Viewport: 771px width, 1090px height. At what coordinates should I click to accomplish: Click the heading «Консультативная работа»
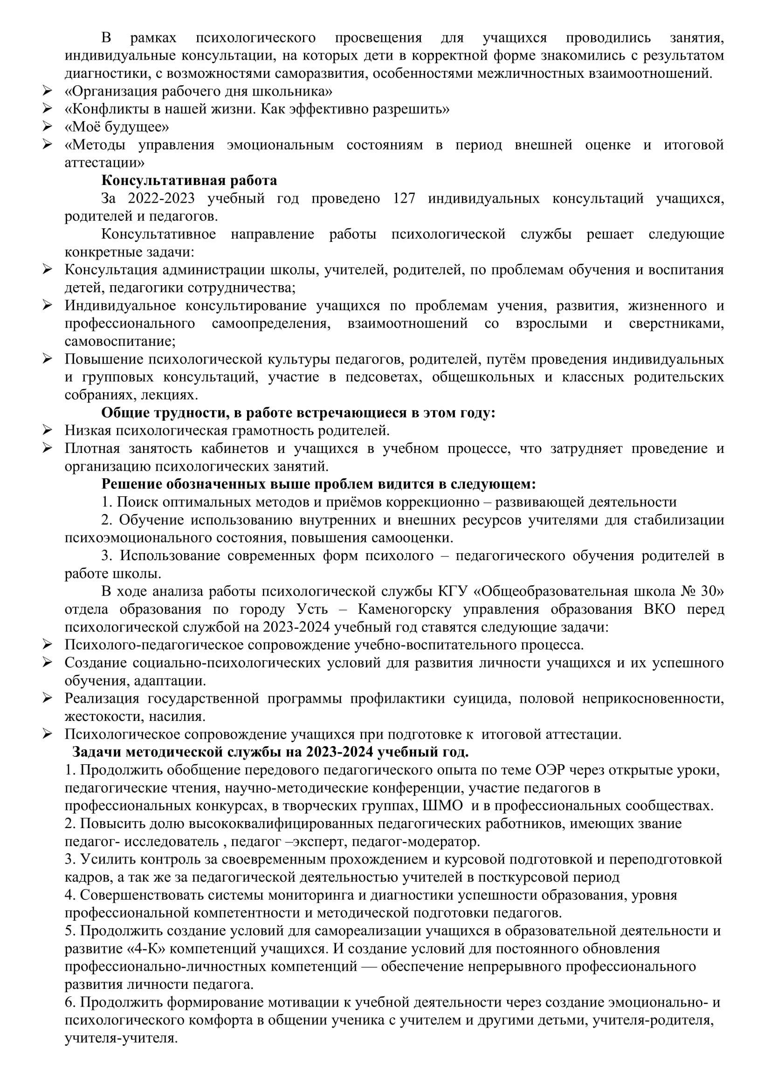tap(189, 180)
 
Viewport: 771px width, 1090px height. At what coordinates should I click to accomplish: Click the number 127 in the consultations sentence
tap(404, 199)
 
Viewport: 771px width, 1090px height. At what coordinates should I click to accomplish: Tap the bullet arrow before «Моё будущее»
tap(47, 127)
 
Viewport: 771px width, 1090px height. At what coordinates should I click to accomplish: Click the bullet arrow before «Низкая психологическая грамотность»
tap(47, 430)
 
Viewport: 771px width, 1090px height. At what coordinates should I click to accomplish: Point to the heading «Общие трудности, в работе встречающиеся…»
tap(299, 412)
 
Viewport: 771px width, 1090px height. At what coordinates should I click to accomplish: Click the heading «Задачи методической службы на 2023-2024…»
tap(270, 753)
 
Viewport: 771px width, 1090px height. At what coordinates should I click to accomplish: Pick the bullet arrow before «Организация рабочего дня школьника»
tap(47, 91)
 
